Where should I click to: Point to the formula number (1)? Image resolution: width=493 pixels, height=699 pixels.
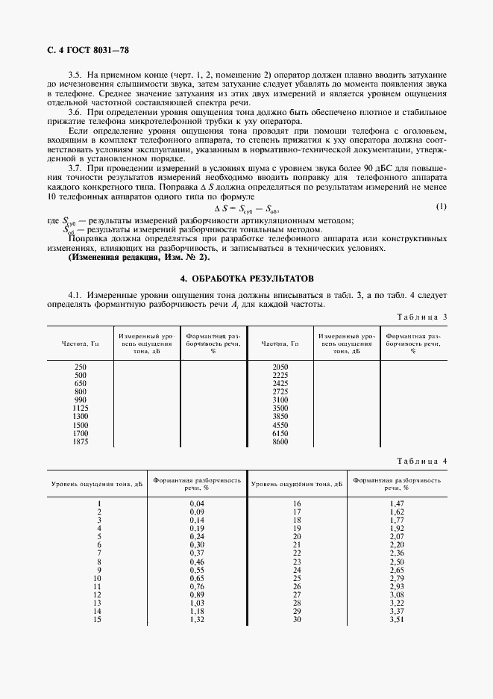coord(442,206)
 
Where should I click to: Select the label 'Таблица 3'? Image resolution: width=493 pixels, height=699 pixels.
coord(421,317)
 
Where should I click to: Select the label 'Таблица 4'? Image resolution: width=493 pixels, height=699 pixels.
coord(421,461)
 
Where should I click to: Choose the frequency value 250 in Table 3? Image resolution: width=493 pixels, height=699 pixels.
coord(81,367)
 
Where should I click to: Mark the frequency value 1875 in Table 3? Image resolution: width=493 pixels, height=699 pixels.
coord(81,441)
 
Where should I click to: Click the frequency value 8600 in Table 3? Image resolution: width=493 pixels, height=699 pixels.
coord(280,441)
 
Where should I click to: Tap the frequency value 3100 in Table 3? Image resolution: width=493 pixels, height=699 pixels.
coord(280,400)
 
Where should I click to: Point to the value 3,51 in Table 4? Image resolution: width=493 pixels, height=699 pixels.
coord(397,620)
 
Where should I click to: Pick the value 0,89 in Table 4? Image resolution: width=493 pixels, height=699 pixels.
coord(197,595)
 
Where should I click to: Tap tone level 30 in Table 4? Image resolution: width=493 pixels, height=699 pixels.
coord(297,620)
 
